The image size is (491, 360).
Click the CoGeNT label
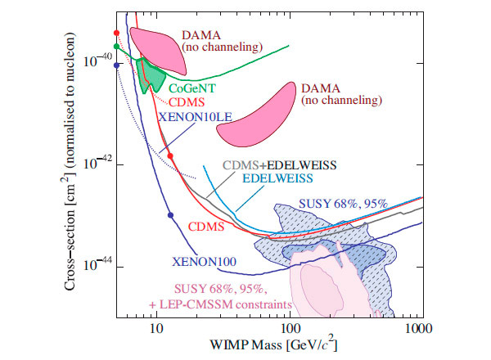coord(191,88)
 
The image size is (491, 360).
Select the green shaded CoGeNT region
coord(149,75)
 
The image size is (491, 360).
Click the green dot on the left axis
coord(117,47)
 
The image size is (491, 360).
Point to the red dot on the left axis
coord(117,33)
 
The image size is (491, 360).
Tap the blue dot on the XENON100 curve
coord(170,215)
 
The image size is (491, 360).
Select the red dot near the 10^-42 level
coord(170,155)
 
